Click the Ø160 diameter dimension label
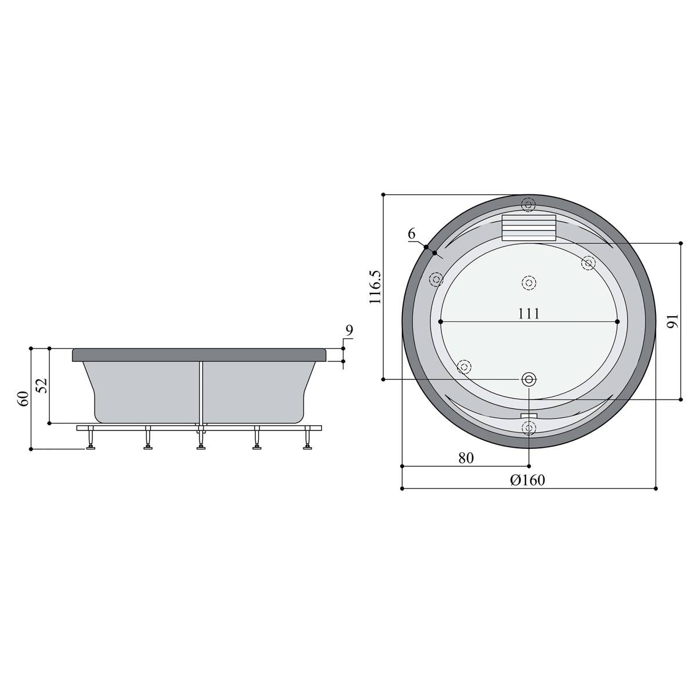click(527, 480)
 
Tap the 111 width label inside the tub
click(529, 313)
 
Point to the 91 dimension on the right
click(673, 321)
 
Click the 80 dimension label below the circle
click(466, 458)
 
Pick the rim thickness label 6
click(412, 234)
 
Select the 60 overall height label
click(23, 398)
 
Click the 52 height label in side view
click(42, 385)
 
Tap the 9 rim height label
click(349, 330)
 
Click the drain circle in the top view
click(529, 379)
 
